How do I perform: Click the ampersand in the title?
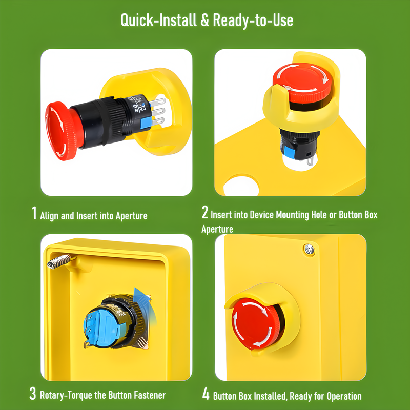pos(205,20)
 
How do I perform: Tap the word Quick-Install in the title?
pos(159,20)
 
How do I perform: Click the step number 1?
pos(34,213)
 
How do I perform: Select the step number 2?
pos(205,212)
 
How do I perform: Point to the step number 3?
pos(33,393)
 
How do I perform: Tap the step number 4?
pos(206,394)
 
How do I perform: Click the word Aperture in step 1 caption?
pos(132,216)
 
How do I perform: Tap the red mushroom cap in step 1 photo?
pos(62,131)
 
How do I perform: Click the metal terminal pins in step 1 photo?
pos(158,111)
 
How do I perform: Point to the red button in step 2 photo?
pos(302,83)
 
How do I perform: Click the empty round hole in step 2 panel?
pos(241,186)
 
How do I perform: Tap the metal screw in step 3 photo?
pos(59,261)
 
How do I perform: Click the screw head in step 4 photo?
pos(309,250)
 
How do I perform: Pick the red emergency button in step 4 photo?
pos(256,323)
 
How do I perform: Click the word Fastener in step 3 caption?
pos(150,395)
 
